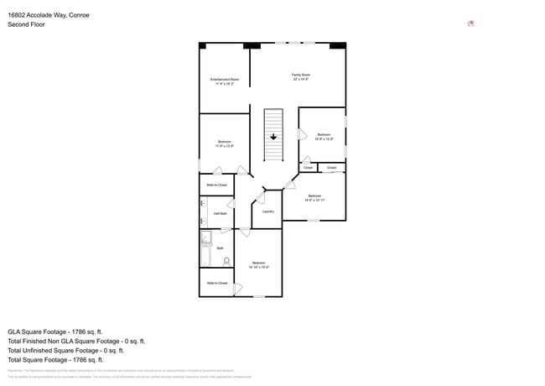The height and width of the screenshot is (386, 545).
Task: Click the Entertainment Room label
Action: click(224, 79)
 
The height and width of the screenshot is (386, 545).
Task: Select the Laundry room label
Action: click(268, 211)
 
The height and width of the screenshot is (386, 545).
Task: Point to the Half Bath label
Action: click(220, 214)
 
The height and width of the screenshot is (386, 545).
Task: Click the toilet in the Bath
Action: click(226, 261)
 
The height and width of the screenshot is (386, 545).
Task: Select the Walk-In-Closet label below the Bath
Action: click(217, 284)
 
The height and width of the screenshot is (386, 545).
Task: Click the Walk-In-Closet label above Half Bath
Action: click(217, 185)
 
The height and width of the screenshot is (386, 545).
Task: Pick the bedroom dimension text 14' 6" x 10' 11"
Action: click(314, 201)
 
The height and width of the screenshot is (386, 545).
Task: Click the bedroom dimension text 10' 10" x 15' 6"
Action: click(259, 267)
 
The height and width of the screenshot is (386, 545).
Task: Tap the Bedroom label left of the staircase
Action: click(224, 142)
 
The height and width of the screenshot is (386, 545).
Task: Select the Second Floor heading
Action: click(26, 25)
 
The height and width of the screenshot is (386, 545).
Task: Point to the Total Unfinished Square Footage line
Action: click(76, 351)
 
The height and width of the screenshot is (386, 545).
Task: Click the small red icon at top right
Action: click(470, 23)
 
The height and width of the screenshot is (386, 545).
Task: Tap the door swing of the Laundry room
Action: click(260, 200)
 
